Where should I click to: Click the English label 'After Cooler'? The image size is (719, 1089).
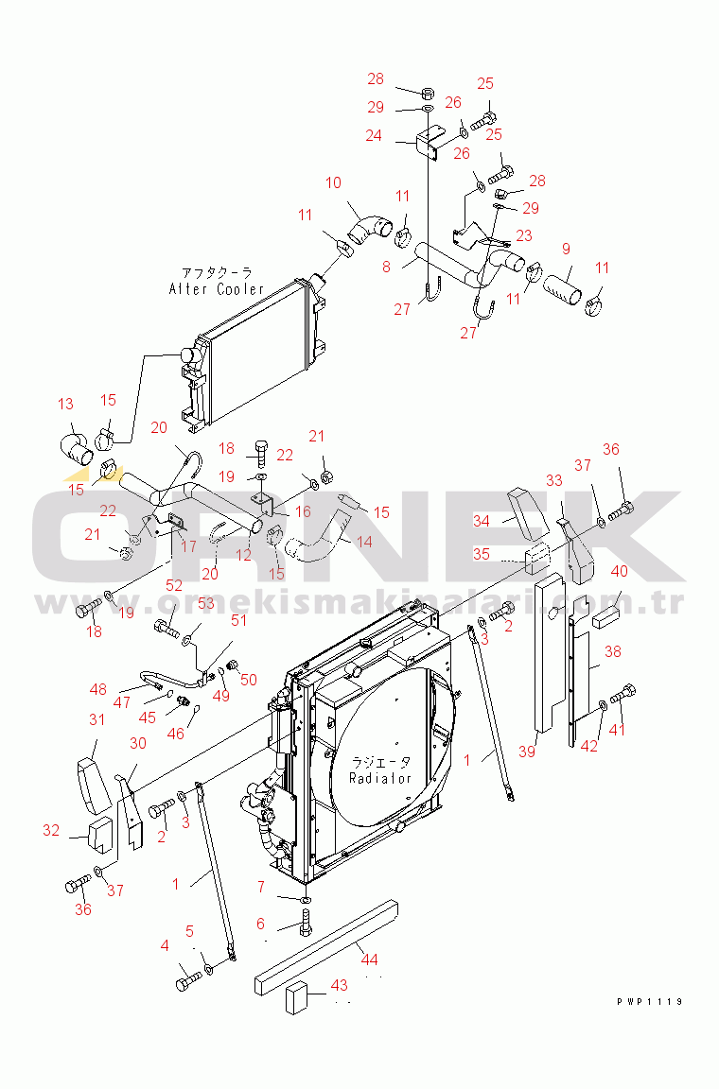pyautogui.click(x=217, y=289)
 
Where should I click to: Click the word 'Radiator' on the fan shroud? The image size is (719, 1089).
pyautogui.click(x=380, y=778)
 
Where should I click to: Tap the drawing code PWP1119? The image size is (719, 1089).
pyautogui.click(x=649, y=1001)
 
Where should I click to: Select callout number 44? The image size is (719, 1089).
pyautogui.click(x=369, y=959)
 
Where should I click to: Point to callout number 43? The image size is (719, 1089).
pyautogui.click(x=340, y=985)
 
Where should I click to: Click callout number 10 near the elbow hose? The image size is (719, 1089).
pyautogui.click(x=333, y=182)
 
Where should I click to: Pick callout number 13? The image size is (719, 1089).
pyautogui.click(x=65, y=404)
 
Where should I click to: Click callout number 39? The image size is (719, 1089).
pyautogui.click(x=527, y=752)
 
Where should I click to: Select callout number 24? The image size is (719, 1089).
pyautogui.click(x=374, y=135)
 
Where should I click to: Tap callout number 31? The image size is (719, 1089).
pyautogui.click(x=96, y=719)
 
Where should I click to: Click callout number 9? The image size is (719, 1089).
pyautogui.click(x=566, y=249)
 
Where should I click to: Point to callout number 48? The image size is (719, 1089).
pyautogui.click(x=98, y=689)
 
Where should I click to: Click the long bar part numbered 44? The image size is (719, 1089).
pyautogui.click(x=326, y=948)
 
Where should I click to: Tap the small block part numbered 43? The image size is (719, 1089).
pyautogui.click(x=297, y=998)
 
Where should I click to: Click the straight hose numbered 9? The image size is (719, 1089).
pyautogui.click(x=563, y=288)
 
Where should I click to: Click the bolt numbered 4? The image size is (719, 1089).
pyautogui.click(x=189, y=980)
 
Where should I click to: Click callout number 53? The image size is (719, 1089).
pyautogui.click(x=206, y=603)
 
